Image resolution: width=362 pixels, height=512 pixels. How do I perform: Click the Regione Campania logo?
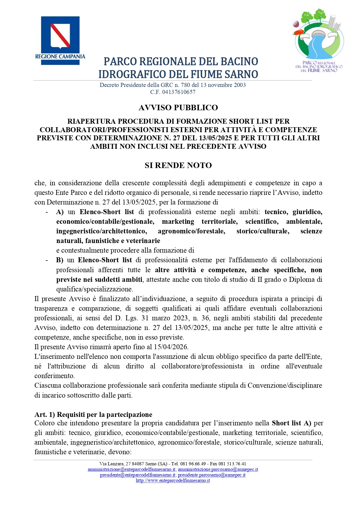(x=60, y=40)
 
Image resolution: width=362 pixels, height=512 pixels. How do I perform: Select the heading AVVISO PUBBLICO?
(x=178, y=108)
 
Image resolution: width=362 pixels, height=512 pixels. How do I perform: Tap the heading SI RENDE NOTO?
(x=178, y=165)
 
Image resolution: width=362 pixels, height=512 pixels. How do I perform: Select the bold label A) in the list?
(x=60, y=212)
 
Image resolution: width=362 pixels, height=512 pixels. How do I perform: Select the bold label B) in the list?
(x=60, y=260)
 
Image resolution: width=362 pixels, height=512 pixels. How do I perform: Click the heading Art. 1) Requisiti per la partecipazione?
(x=93, y=415)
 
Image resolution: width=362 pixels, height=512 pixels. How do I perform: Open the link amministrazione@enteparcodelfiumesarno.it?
(x=132, y=469)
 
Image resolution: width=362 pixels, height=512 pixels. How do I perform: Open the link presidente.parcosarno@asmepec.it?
(x=211, y=475)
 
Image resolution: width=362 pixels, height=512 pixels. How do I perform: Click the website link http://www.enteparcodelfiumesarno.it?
(x=173, y=480)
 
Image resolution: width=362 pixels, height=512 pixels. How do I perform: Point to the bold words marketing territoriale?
(x=200, y=222)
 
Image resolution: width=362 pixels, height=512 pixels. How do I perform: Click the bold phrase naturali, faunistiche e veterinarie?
(x=108, y=241)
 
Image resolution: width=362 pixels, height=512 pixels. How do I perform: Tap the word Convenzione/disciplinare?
(x=285, y=385)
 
